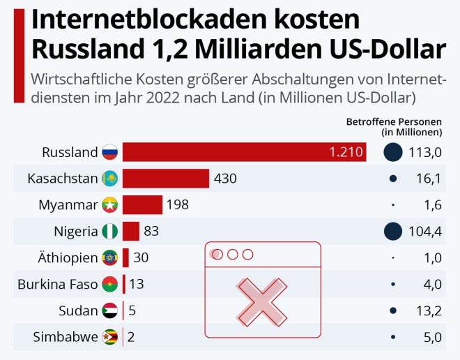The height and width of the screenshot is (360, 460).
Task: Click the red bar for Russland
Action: (x=244, y=152)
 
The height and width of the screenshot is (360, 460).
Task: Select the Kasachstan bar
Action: (x=166, y=179)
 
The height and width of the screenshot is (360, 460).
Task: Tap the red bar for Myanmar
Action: (x=142, y=205)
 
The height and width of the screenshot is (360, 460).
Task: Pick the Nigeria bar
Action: (x=131, y=231)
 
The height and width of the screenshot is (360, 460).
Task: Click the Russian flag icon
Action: (x=110, y=152)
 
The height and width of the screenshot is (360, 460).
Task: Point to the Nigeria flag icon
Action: (x=110, y=231)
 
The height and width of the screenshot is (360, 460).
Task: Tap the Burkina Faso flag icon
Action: (x=110, y=284)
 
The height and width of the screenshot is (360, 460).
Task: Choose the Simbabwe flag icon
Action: (x=110, y=338)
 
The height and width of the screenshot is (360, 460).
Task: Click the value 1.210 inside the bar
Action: (x=346, y=152)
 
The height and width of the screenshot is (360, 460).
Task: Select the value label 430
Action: (x=225, y=179)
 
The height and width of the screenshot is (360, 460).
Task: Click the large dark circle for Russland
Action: (x=393, y=152)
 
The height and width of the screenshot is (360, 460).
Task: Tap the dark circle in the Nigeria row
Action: (x=393, y=231)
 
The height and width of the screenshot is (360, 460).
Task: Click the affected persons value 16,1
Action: (x=429, y=179)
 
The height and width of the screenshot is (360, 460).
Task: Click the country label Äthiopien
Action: (x=68, y=258)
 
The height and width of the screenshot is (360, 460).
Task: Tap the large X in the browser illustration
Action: (x=261, y=301)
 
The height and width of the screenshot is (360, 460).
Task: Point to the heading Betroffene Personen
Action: (x=394, y=122)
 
